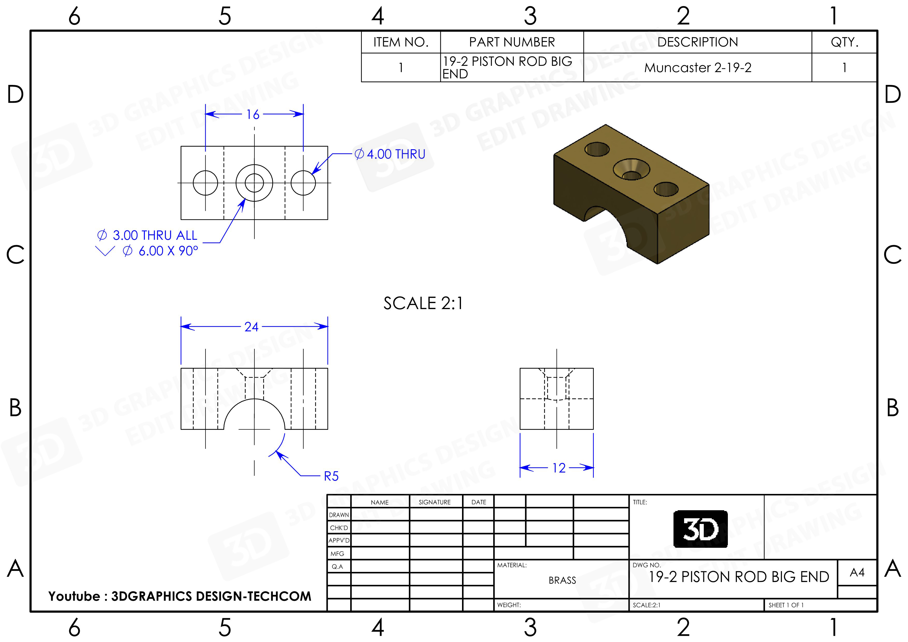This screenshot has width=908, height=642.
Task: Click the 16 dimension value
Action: point(253,115)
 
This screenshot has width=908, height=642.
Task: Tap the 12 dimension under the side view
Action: point(559,468)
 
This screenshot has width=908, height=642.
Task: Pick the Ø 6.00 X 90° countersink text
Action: point(160,251)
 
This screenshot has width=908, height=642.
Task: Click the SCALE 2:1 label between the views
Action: point(423,303)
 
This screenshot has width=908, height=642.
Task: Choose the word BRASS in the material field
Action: point(562,580)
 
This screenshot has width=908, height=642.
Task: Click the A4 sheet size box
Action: point(857,572)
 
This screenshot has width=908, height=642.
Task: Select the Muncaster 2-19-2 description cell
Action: point(698,68)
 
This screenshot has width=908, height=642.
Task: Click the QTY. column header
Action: point(844,42)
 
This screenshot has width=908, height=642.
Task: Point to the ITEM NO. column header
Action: point(401,42)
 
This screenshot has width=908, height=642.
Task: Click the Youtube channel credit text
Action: point(180,596)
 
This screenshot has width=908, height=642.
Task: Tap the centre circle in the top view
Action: point(254,183)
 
